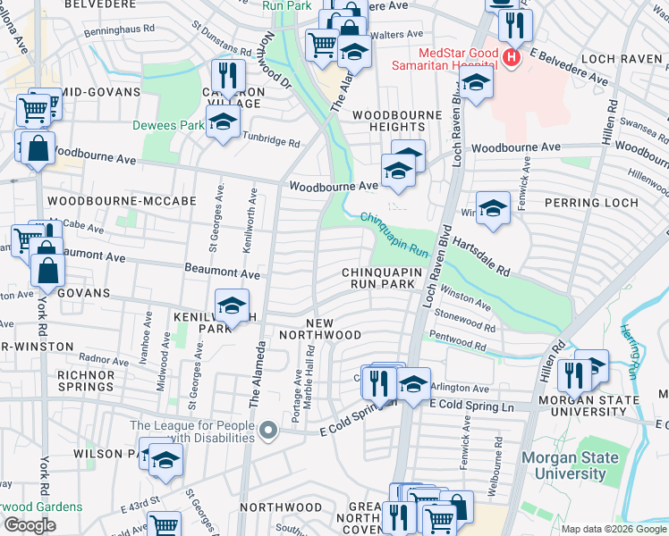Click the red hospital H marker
pyautogui.click(x=511, y=58)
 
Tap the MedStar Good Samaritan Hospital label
pyautogui.click(x=444, y=58)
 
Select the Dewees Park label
pyautogui.click(x=169, y=126)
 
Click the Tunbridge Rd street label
pyautogui.click(x=272, y=141)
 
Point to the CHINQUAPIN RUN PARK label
pyautogui.click(x=379, y=278)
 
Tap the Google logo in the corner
pyautogui.click(x=30, y=525)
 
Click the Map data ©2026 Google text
pyautogui.click(x=613, y=529)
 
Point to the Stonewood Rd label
pyautogui.click(x=463, y=322)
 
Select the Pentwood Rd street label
pyautogui.click(x=458, y=341)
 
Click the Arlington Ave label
pyautogui.click(x=460, y=389)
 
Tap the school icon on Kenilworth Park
pyautogui.click(x=232, y=306)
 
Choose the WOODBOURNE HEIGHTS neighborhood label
pyautogui.click(x=409, y=122)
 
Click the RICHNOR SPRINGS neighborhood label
pyautogui.click(x=86, y=381)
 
